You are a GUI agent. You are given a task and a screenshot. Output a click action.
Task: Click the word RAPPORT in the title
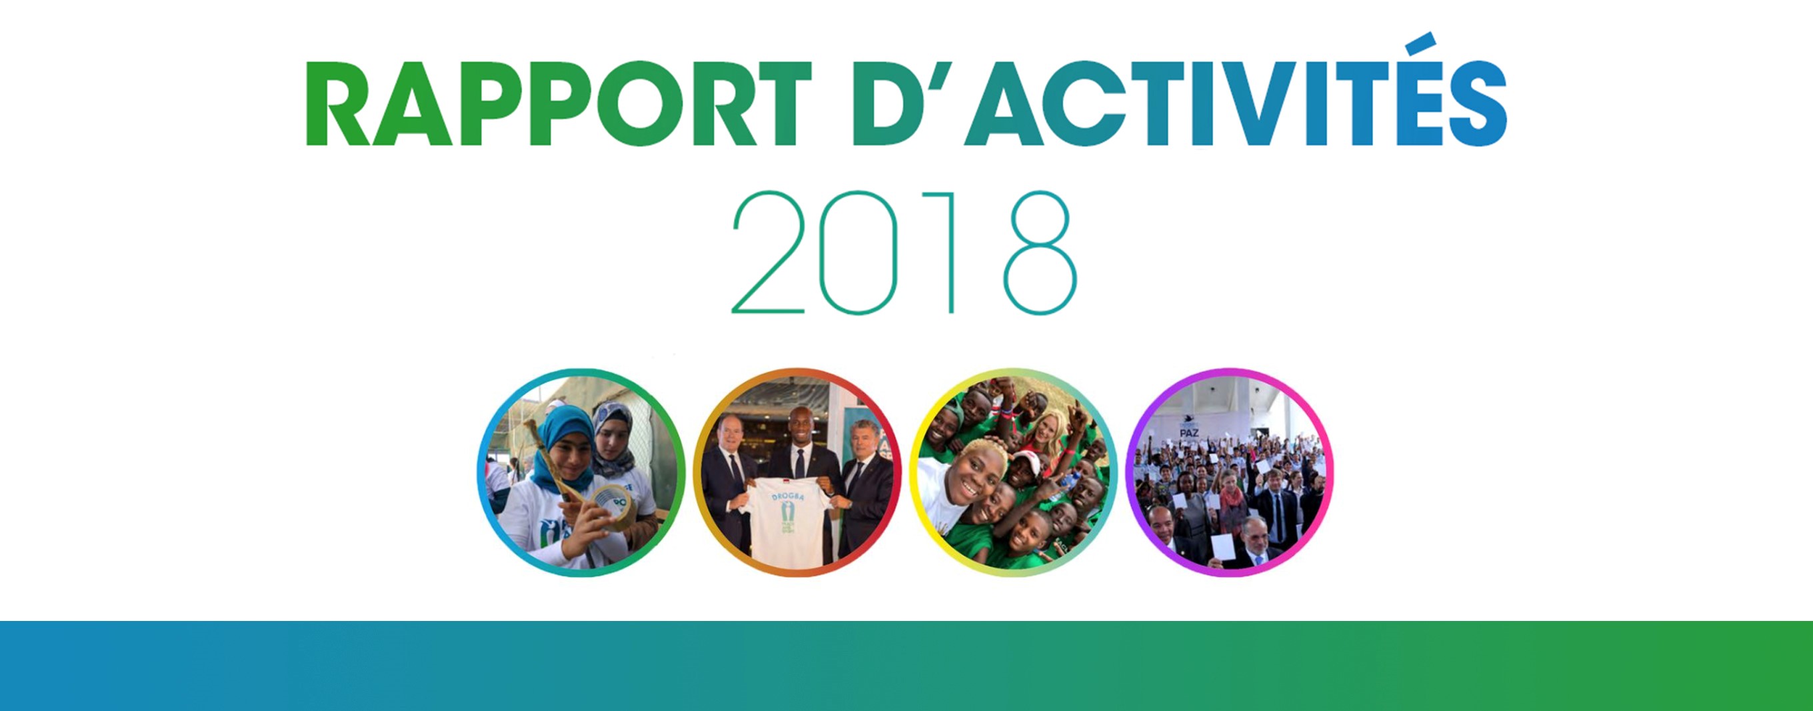tap(558, 103)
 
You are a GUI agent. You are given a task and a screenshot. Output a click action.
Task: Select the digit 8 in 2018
tap(1040, 251)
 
